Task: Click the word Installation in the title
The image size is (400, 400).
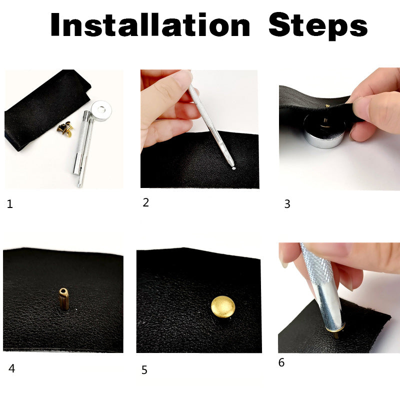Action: click(150, 24)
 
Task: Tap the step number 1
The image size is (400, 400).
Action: click(9, 204)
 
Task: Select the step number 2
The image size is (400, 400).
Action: click(145, 202)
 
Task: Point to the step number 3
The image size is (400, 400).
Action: click(287, 204)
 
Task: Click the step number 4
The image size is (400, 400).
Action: click(11, 368)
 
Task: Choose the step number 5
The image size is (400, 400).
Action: click(144, 370)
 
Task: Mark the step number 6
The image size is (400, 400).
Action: click(281, 362)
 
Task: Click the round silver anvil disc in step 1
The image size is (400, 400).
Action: click(101, 110)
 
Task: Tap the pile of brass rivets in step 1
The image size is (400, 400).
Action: click(65, 128)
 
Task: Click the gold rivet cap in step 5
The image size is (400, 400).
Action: click(223, 307)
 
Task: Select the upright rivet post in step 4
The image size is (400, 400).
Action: click(64, 299)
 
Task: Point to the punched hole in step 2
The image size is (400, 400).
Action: click(233, 168)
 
